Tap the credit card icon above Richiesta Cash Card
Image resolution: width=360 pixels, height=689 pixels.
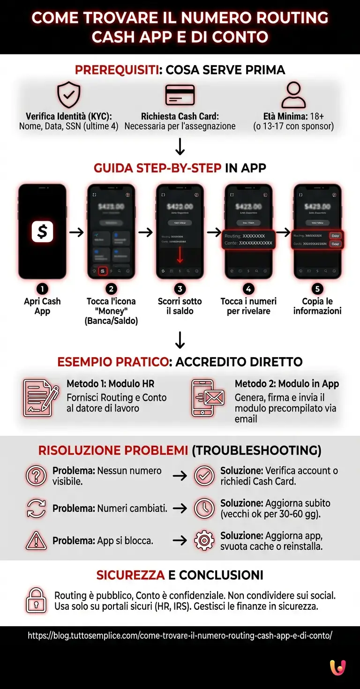[x=180, y=95]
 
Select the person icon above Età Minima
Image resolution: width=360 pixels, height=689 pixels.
[x=293, y=95]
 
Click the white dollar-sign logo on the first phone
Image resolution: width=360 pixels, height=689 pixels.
[x=42, y=232]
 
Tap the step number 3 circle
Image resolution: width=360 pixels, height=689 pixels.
[x=180, y=289]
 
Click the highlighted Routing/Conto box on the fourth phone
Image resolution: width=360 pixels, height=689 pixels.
[x=248, y=240]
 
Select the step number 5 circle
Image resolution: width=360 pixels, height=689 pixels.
[x=317, y=289]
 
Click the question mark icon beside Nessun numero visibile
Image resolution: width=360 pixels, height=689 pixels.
[x=36, y=476]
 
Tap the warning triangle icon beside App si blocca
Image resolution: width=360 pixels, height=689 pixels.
[x=36, y=541]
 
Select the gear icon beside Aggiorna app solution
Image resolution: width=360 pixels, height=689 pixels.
[x=204, y=541]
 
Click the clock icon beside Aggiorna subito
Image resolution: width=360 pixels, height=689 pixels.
[x=204, y=509]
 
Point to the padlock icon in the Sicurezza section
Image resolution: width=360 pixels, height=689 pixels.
[x=36, y=600]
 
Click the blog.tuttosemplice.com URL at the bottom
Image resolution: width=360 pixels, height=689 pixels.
[x=180, y=636]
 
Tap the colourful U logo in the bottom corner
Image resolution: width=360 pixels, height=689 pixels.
[x=337, y=667]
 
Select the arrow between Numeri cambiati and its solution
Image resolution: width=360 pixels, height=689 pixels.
[x=180, y=509]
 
